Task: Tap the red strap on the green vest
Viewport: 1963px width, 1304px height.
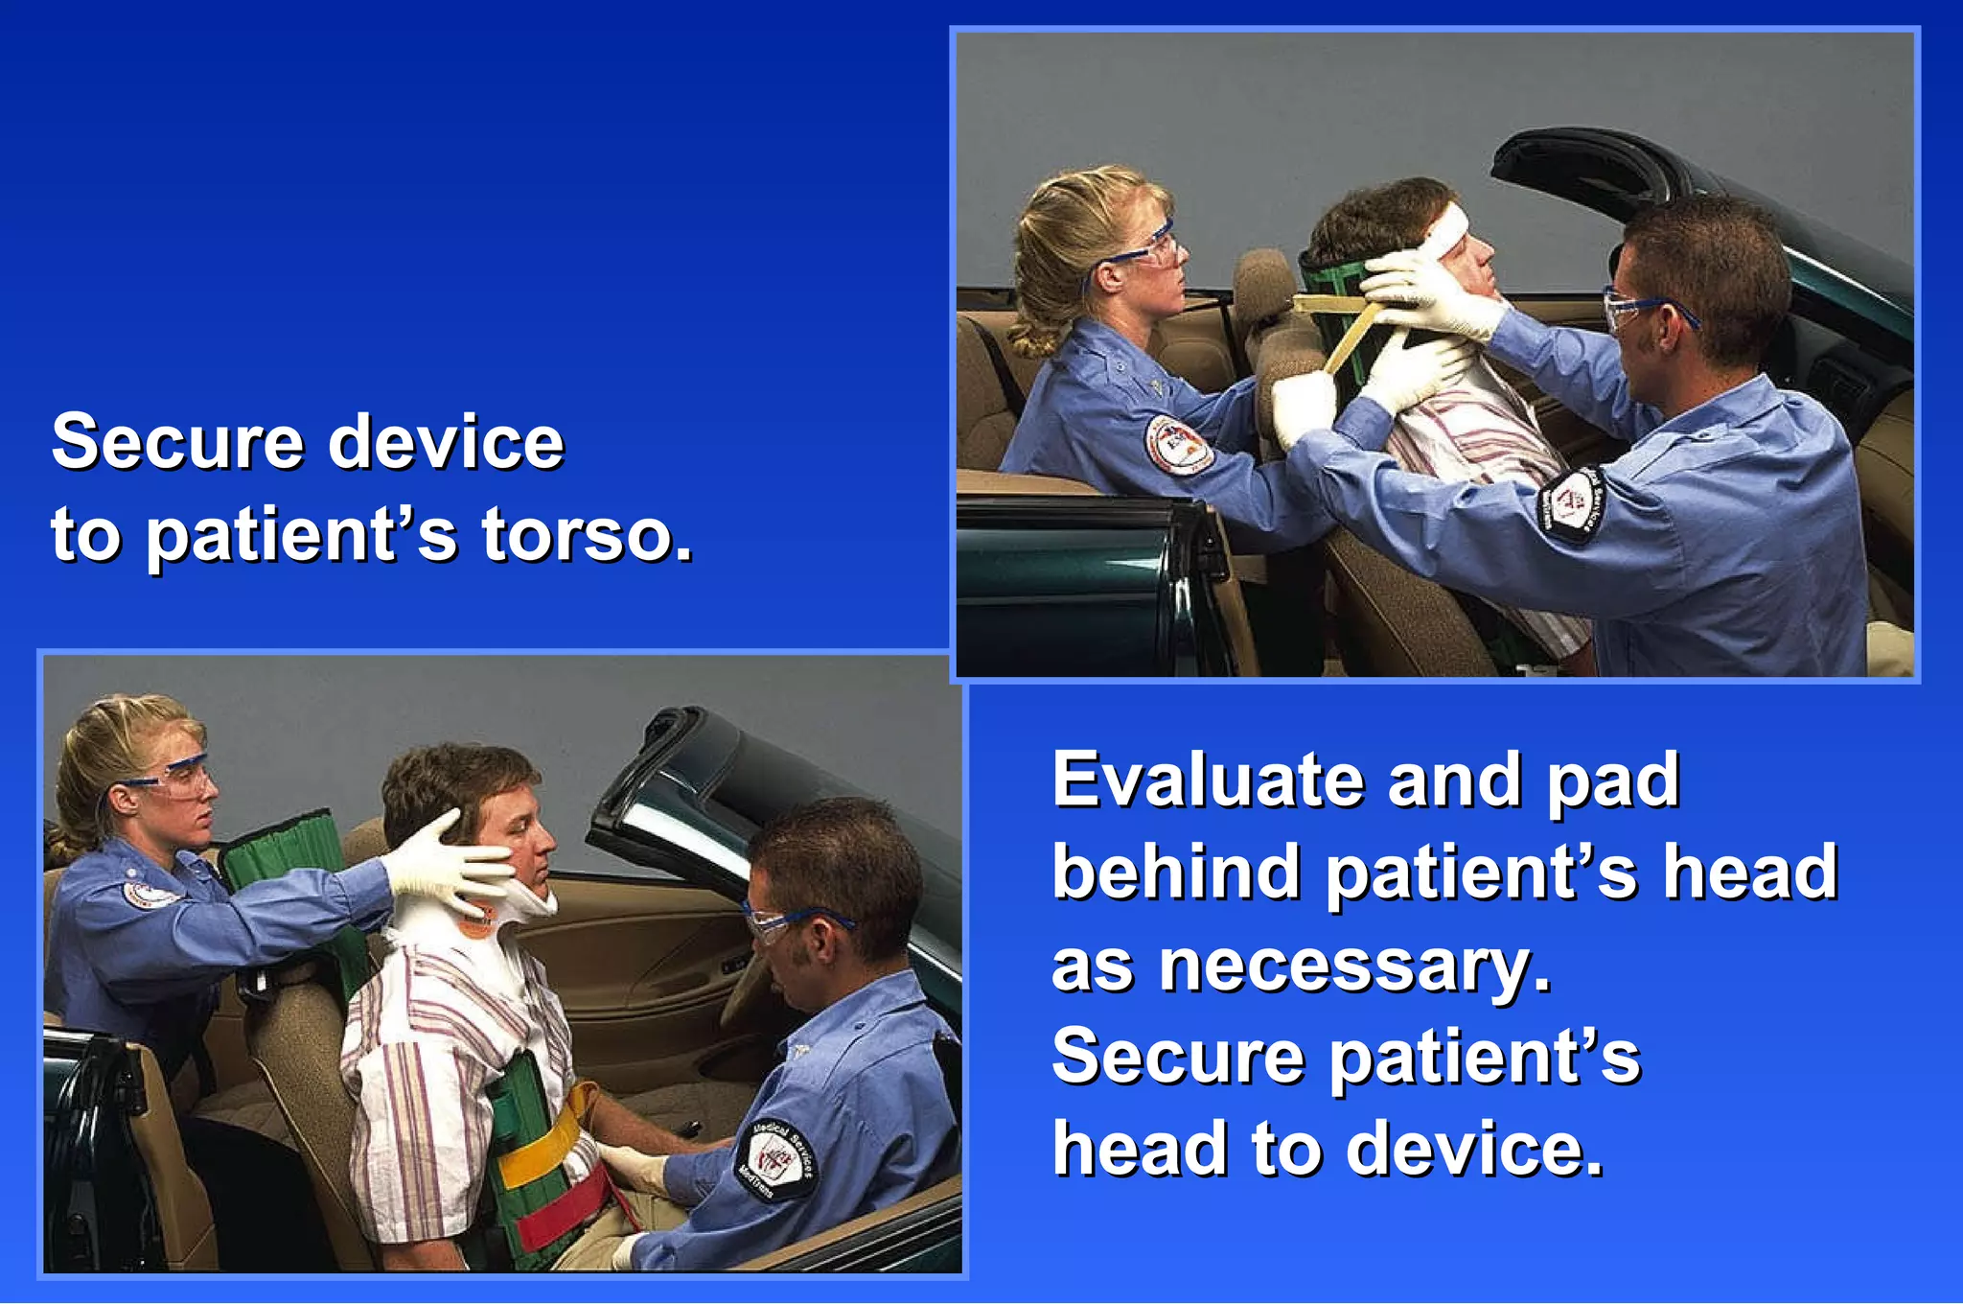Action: click(x=566, y=1208)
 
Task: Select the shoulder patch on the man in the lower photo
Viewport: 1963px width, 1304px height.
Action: click(x=776, y=1160)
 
